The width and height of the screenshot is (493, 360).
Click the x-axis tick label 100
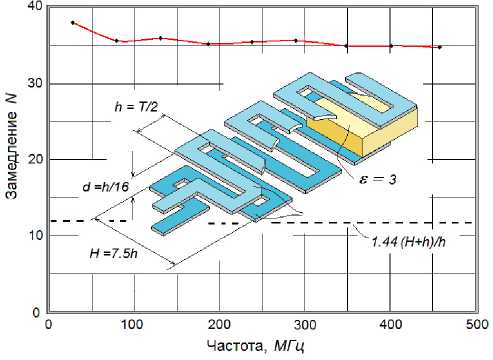click(x=134, y=325)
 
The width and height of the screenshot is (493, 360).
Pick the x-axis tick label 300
click(x=305, y=325)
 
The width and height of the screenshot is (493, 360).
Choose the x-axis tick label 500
click(x=476, y=325)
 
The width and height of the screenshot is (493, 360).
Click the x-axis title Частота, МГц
click(x=255, y=347)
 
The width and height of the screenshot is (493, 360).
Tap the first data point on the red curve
click(x=73, y=23)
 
